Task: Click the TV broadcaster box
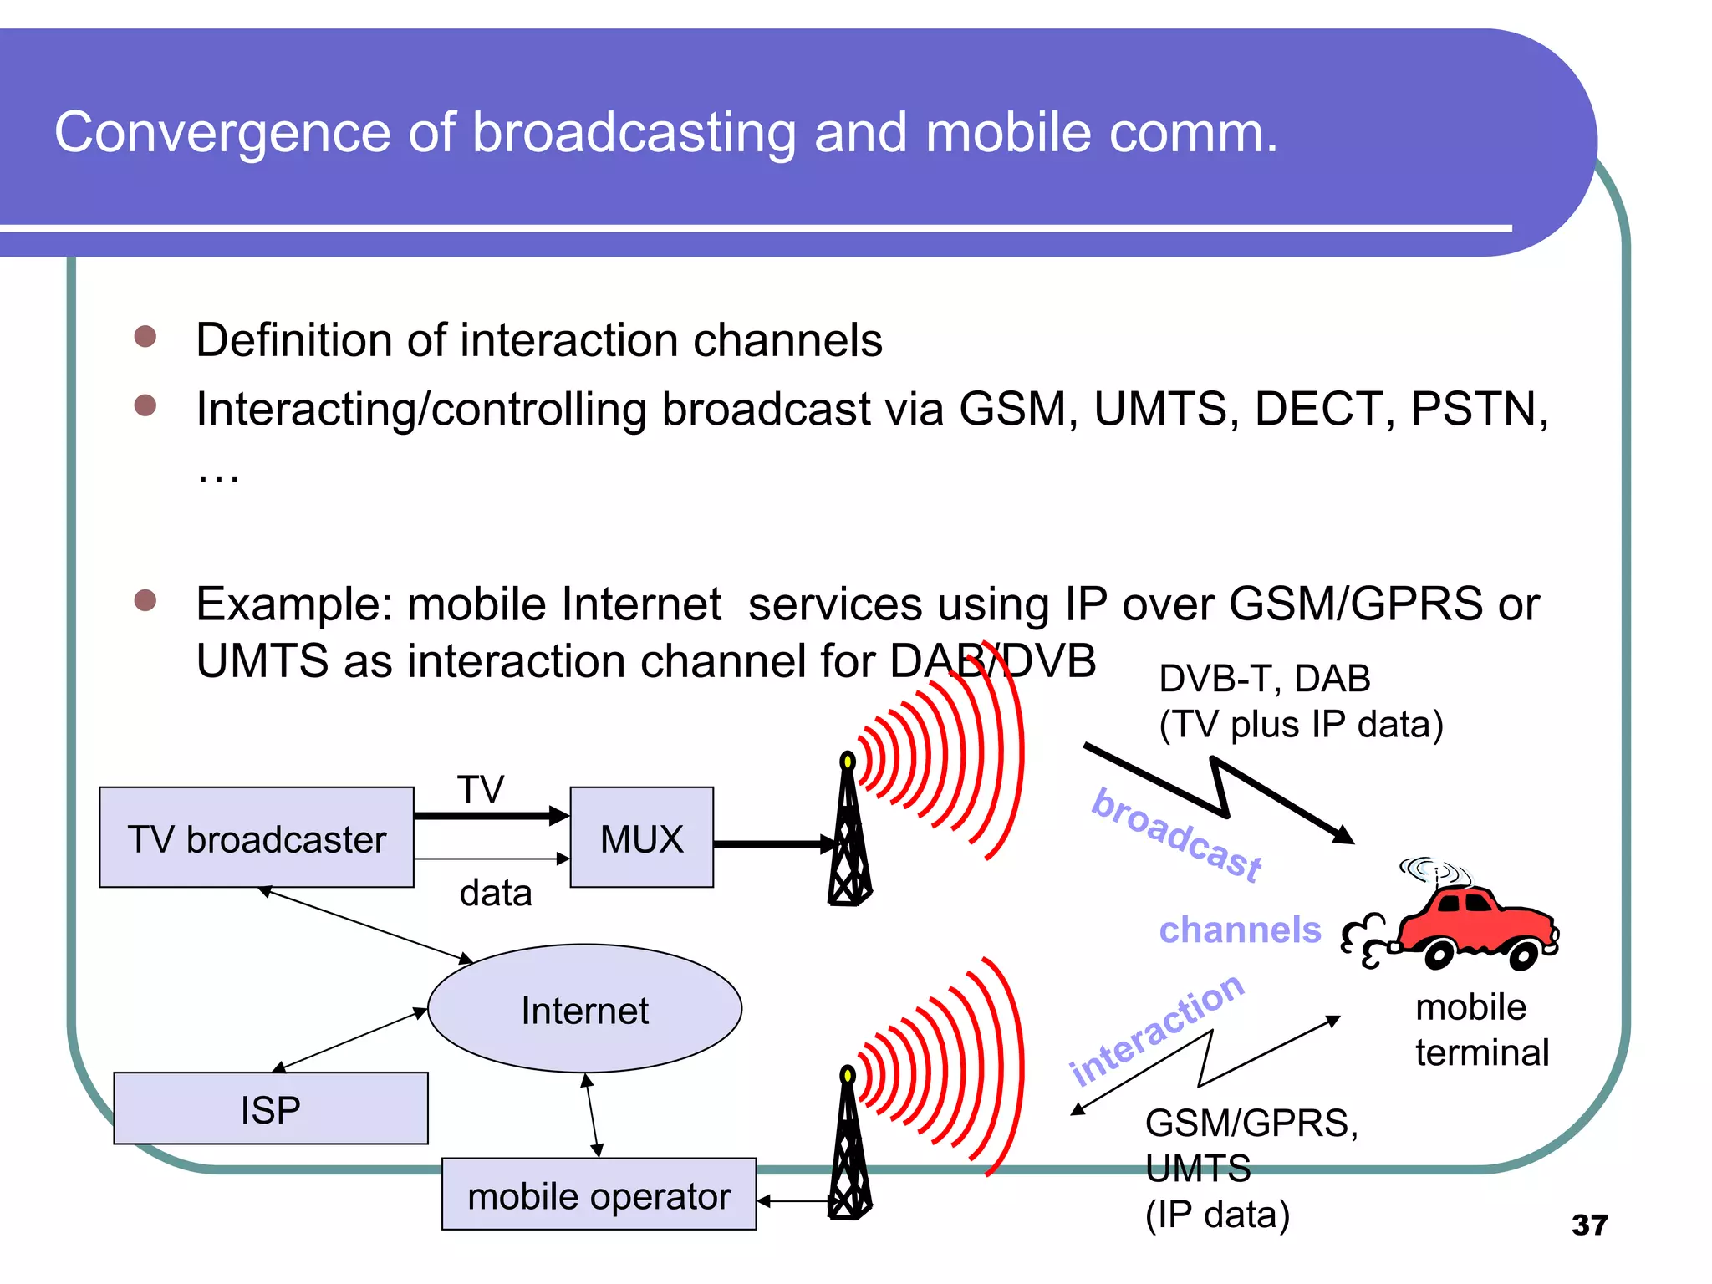coord(257,838)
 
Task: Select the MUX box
coord(641,838)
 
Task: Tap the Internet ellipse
coord(584,1010)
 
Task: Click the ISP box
coord(271,1109)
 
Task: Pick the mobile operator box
coord(599,1195)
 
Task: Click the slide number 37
coord(1589,1225)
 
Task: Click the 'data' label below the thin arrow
coord(496,893)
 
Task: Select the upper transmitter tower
coord(849,836)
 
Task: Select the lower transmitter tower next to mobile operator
coord(849,1149)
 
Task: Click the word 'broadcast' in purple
coord(1176,833)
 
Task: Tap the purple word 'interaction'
coord(1157,1029)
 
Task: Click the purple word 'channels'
coord(1240,930)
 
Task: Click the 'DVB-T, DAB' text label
coord(1264,678)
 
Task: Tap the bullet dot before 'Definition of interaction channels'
coord(145,336)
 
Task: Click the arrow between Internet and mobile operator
coord(592,1115)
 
